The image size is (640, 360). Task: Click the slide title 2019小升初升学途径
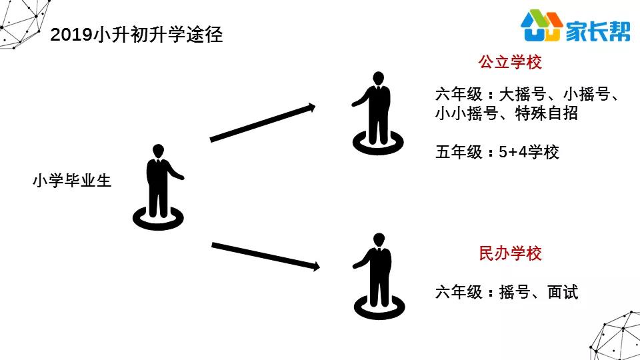136,34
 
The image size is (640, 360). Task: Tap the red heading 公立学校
510,62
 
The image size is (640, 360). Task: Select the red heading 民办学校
510,253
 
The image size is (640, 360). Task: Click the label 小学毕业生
72,181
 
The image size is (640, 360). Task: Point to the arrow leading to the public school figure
263,123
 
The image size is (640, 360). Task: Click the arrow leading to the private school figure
265,256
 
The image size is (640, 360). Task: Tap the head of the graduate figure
158,151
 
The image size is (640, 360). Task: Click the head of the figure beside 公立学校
379,79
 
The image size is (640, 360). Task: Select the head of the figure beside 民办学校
379,240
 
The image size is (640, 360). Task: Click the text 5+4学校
529,152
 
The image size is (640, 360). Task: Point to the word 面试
563,292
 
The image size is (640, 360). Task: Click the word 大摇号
523,94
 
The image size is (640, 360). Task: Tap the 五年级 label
459,152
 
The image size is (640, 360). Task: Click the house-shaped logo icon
542,25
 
